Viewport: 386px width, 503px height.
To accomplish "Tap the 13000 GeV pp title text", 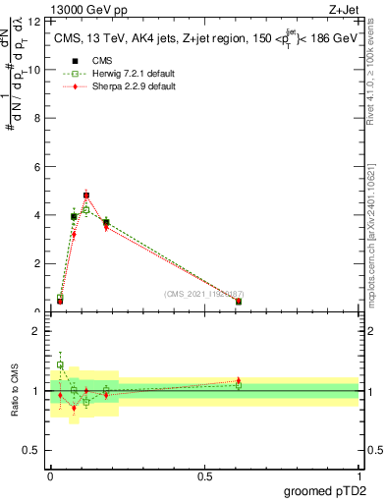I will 83,9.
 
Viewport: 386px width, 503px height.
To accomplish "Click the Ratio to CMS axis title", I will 14,391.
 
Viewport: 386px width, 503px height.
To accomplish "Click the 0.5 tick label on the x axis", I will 204,475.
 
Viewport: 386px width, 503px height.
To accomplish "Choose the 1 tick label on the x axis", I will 358,475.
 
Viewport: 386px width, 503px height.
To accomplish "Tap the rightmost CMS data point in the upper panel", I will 239,302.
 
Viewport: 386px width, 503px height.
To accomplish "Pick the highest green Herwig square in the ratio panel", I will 60,364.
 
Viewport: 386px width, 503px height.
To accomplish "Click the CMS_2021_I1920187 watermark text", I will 203,294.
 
